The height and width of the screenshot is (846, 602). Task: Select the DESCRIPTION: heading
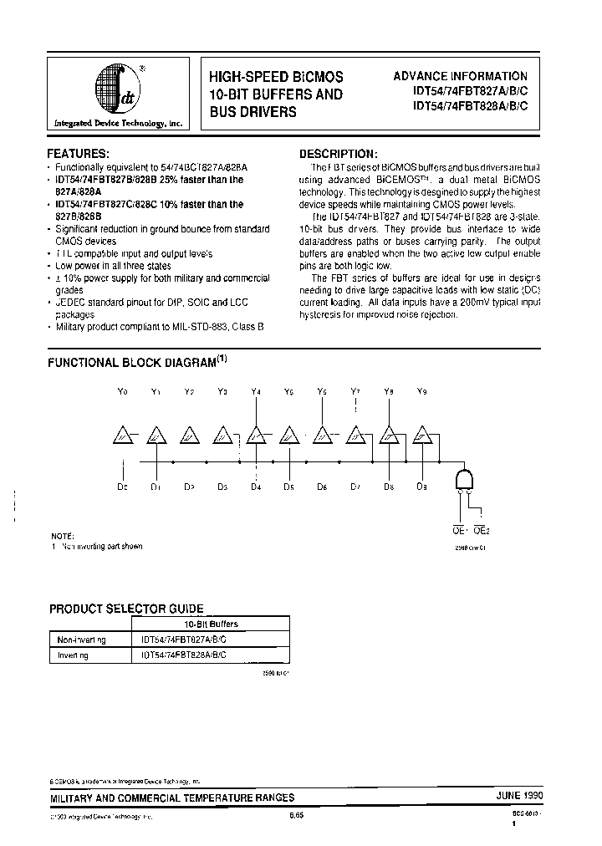click(339, 155)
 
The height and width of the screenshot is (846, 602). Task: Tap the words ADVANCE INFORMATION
click(460, 76)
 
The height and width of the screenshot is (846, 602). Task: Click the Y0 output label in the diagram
click(123, 391)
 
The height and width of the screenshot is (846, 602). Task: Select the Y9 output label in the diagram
click(421, 391)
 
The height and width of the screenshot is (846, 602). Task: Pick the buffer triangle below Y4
click(256, 436)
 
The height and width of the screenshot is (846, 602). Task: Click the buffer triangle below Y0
click(123, 436)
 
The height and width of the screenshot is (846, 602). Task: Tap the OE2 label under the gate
click(482, 530)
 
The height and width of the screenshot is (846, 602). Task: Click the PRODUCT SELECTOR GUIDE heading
click(126, 609)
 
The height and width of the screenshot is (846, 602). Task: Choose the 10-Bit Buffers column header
click(211, 624)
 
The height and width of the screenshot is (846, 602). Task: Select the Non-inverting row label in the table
click(81, 640)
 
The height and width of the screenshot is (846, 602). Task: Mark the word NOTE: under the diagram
click(62, 535)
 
